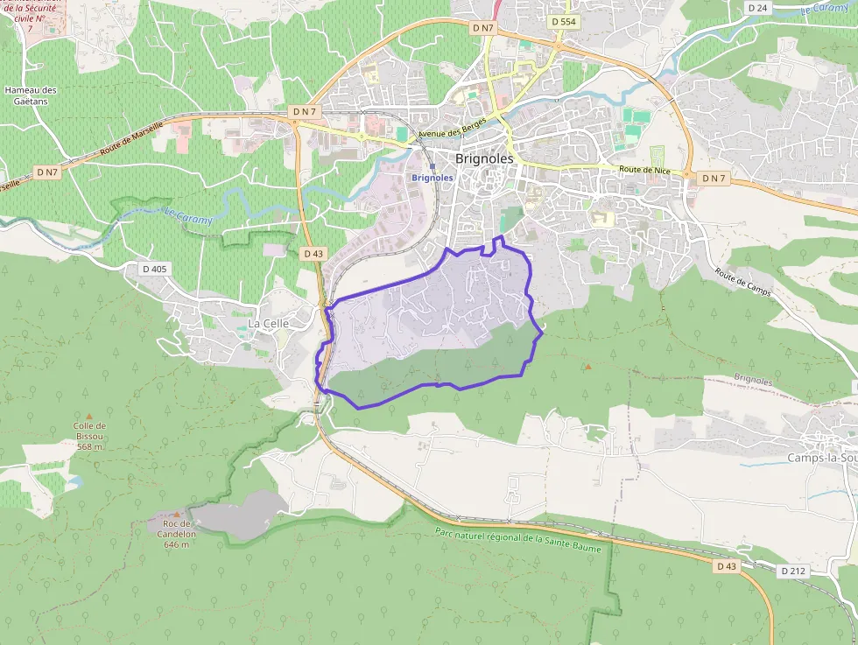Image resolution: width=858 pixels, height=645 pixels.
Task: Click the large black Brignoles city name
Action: pos(484,158)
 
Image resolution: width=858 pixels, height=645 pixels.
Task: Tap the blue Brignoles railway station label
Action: pos(433,178)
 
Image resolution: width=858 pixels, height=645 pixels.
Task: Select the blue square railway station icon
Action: pos(433,165)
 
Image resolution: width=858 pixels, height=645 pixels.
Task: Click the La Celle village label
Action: pos(268,323)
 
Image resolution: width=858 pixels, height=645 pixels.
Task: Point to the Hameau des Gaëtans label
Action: pos(30,95)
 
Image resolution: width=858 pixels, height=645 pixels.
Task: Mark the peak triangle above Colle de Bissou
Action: pos(88,417)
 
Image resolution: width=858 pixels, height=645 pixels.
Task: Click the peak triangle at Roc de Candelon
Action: pos(176,514)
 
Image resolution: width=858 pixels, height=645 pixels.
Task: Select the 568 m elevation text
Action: pos(89,446)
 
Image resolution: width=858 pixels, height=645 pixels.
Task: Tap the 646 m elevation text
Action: pos(176,543)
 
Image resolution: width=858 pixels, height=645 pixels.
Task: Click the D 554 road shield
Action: pos(563,20)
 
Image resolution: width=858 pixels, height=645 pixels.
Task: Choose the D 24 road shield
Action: pos(757,8)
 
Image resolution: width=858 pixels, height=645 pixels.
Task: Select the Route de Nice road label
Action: pos(644,170)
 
